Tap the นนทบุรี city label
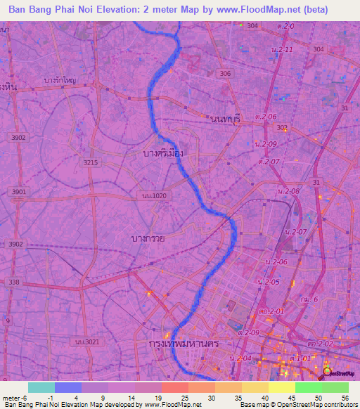pyautogui.click(x=225, y=119)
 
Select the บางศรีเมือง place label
pyautogui.click(x=162, y=152)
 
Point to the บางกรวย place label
pyautogui.click(x=148, y=239)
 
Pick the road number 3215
pyautogui.click(x=91, y=162)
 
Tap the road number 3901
pyautogui.click(x=19, y=192)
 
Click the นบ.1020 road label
pyautogui.click(x=154, y=196)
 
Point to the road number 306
pyautogui.click(x=225, y=74)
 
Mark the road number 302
pyautogui.click(x=283, y=128)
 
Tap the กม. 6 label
pyautogui.click(x=308, y=299)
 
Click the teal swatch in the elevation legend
pyautogui.click(x=41, y=387)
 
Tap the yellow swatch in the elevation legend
pyautogui.click(x=282, y=387)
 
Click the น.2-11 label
pyautogui.click(x=282, y=50)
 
